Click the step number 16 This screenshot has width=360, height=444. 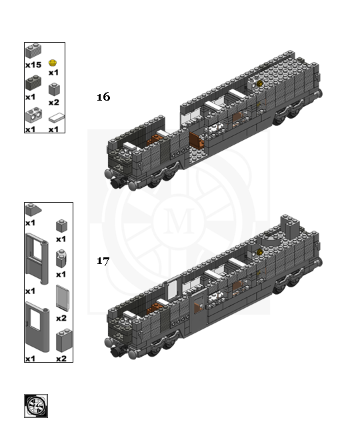coord(103,97)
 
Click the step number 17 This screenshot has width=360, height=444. coord(103,261)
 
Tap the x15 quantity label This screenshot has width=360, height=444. coord(33,65)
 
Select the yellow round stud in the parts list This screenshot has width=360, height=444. coord(53,63)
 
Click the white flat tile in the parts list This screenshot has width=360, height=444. coord(57,117)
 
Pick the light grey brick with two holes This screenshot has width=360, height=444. coord(34,115)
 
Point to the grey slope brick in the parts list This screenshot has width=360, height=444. coord(33,210)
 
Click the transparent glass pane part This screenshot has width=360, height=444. coord(62,298)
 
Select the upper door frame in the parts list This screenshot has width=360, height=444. coord(37,258)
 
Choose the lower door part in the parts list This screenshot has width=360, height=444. coord(37,327)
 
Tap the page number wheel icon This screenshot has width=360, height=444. coord(36,406)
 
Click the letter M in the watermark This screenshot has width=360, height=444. coord(179,221)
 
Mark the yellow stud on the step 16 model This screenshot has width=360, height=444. coord(259,83)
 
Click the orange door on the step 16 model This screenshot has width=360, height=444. coord(197,140)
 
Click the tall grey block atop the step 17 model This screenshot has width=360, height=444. coord(290,227)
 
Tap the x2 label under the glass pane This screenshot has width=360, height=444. coord(61,318)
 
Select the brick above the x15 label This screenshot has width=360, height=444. coord(33,51)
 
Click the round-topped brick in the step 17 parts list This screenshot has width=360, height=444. coord(61,258)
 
